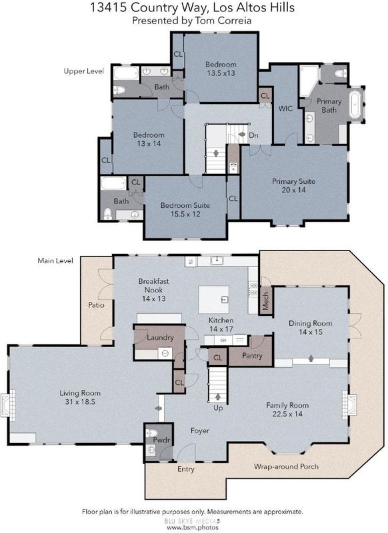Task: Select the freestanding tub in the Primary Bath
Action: click(356, 104)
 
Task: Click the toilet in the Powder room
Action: click(151, 433)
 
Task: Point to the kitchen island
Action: click(213, 299)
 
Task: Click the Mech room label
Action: click(265, 301)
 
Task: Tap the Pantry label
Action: click(252, 356)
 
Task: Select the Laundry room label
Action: click(160, 338)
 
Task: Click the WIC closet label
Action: click(285, 109)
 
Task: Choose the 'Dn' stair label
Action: click(254, 135)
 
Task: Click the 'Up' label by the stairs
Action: click(218, 408)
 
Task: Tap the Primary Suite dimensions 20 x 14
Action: click(293, 190)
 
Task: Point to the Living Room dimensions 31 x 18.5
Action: click(80, 402)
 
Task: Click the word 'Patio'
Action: click(96, 305)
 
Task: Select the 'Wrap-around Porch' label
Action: click(286, 466)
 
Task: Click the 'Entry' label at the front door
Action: click(186, 469)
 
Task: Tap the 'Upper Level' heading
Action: click(83, 71)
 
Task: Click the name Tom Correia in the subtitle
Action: click(223, 21)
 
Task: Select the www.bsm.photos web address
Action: click(193, 528)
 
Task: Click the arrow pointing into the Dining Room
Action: click(311, 358)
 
